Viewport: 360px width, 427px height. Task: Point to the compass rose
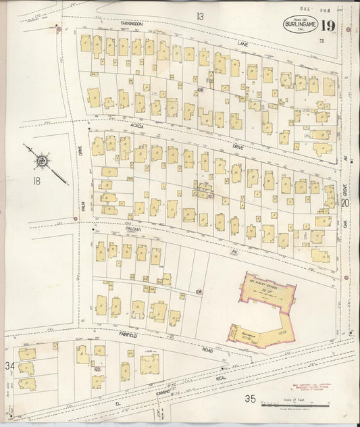tap(42, 160)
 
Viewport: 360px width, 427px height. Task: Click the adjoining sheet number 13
tap(200, 16)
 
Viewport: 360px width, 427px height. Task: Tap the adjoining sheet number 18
tap(35, 181)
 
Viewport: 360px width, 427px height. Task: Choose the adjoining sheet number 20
tap(345, 202)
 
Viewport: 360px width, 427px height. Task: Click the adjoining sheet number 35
tap(250, 399)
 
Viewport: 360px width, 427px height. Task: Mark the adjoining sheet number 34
tap(9, 366)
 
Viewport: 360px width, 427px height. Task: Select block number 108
tap(199, 291)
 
